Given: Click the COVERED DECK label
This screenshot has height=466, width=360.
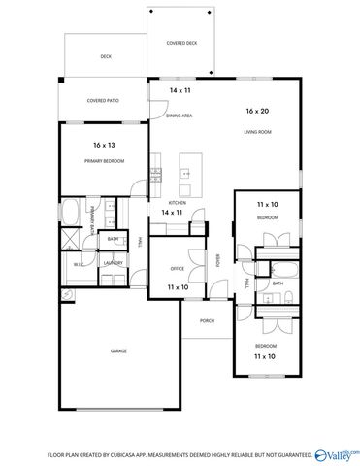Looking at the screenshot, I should tap(181, 43).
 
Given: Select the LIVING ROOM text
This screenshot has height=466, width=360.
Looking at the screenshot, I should tap(256, 130).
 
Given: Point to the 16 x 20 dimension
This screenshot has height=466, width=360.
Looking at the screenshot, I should tap(257, 112).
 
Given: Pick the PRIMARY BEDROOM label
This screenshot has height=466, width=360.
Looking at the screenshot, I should tap(105, 160).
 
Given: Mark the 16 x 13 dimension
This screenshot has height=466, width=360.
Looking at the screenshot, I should tap(105, 145).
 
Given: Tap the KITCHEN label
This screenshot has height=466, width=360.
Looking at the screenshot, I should tap(172, 201).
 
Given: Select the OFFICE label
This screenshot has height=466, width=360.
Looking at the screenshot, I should tap(178, 267).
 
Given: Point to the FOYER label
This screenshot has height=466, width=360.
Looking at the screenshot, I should tap(218, 259).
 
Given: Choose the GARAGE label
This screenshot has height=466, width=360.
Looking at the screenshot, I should tap(118, 350).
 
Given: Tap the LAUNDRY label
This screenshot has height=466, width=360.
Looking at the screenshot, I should tap(112, 262).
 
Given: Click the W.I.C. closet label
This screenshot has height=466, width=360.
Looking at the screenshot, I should tap(78, 262).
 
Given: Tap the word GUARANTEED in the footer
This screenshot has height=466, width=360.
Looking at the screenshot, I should tap(292, 453).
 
